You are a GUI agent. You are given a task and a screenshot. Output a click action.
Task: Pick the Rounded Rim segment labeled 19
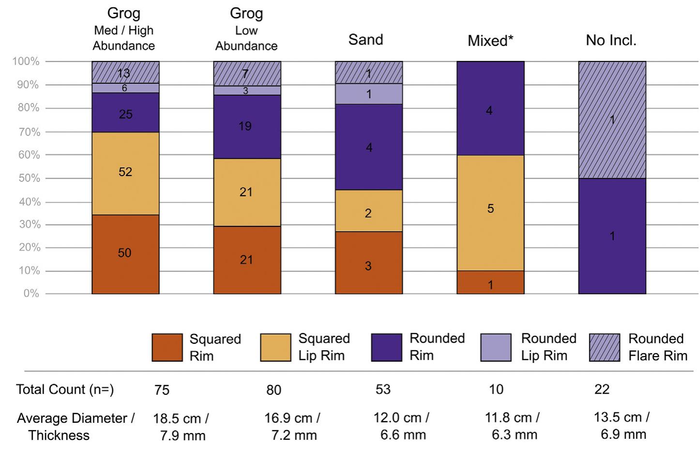(247, 126)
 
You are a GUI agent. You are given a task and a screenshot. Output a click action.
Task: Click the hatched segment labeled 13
(125, 72)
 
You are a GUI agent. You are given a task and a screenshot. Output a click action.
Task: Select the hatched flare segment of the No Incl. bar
(612, 120)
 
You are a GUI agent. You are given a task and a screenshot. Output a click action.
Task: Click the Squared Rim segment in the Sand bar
(369, 262)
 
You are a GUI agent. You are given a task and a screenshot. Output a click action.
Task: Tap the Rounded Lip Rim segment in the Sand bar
(369, 94)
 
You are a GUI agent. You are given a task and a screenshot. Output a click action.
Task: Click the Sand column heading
(365, 40)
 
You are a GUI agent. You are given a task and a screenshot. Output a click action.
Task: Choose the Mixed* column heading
(490, 41)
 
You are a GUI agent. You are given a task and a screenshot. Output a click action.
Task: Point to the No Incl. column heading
(611, 40)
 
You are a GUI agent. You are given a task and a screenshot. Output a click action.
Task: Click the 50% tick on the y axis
(29, 178)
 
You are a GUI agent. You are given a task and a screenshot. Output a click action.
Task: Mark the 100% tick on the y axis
(26, 61)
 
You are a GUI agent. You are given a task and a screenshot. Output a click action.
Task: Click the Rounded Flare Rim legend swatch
(604, 347)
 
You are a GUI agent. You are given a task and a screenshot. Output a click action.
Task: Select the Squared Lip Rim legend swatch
(275, 347)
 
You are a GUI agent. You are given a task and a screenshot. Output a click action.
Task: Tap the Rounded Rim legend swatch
(386, 347)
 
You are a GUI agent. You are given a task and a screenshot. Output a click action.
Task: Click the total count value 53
(383, 389)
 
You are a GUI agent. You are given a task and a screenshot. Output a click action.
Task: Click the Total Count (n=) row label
(65, 389)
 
